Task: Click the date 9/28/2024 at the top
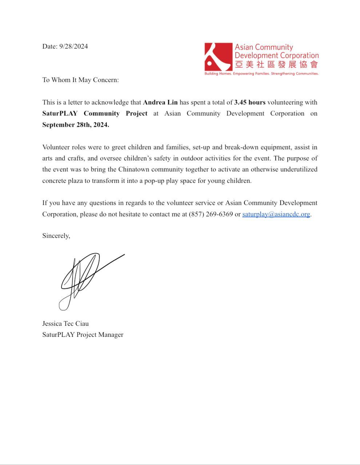(73, 46)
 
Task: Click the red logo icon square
(218, 57)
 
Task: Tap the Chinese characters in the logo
(276, 65)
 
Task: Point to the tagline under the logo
(261, 73)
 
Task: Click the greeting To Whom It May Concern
(80, 80)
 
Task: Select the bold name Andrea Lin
(160, 102)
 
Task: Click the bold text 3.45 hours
(250, 102)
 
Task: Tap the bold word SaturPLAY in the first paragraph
(60, 113)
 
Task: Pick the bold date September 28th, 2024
(76, 125)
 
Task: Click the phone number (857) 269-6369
(211, 214)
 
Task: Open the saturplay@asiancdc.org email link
(276, 214)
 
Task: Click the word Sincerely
(56, 236)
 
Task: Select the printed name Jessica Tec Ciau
(65, 324)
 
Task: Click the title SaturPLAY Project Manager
(83, 335)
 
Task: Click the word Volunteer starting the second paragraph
(56, 147)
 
